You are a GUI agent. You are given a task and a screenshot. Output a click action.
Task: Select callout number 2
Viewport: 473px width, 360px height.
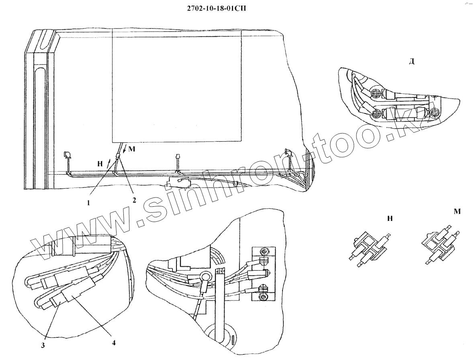pos(135,200)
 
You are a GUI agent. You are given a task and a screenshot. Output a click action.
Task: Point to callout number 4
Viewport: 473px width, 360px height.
pos(114,343)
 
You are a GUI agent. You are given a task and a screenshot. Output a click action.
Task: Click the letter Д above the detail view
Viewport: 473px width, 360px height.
pos(412,62)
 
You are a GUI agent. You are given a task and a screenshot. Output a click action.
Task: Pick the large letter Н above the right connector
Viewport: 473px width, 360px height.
pos(389,218)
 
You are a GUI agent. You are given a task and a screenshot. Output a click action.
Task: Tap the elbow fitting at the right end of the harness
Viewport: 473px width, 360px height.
pos(288,152)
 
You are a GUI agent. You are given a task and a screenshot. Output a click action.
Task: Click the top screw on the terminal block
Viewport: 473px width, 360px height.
pos(263,252)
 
